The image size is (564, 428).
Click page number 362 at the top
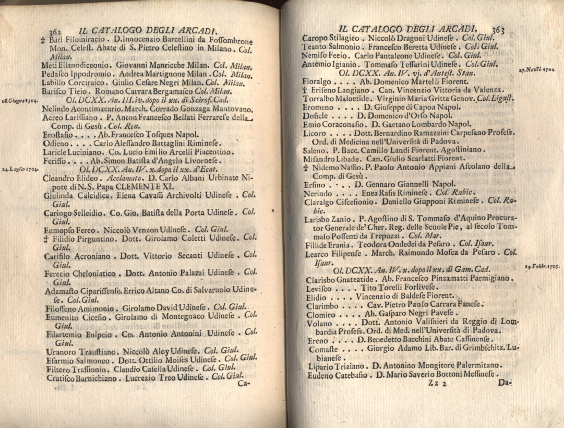[x=54, y=32]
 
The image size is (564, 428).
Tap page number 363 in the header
[x=497, y=30]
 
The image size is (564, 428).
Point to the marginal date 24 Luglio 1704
[x=20, y=169]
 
